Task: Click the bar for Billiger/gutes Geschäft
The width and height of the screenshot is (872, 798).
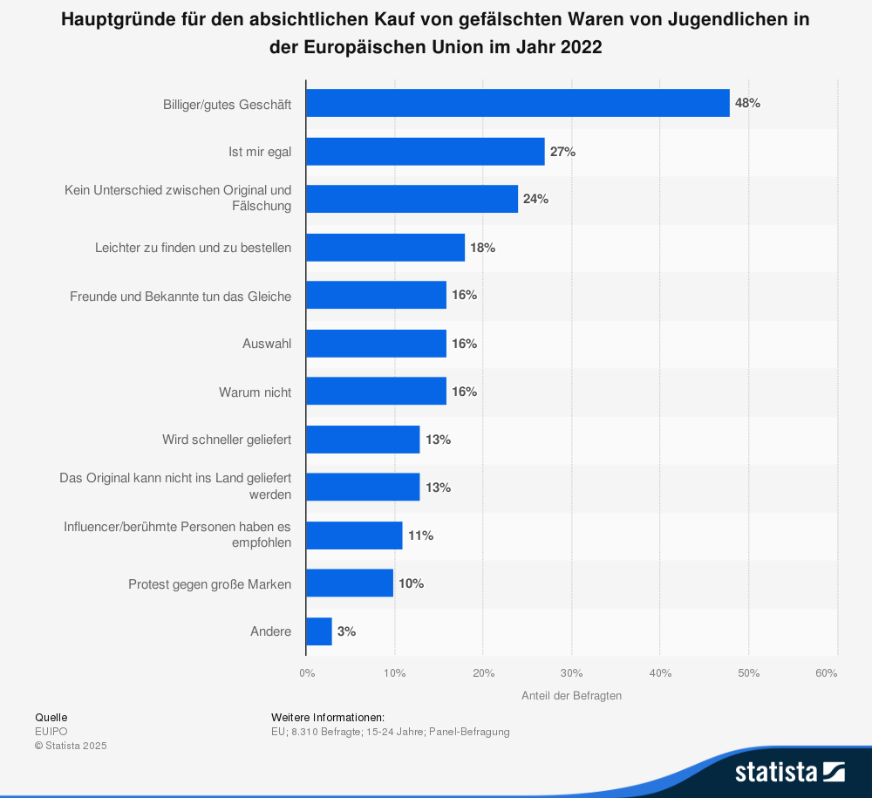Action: pos(518,103)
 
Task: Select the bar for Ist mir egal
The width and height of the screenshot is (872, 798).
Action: pos(426,152)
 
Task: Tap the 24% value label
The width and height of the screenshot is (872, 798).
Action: pos(535,199)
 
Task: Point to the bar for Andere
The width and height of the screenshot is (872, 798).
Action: pos(319,631)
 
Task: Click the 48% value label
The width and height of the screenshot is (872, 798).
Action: pos(747,103)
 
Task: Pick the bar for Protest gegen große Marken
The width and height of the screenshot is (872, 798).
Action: pos(350,583)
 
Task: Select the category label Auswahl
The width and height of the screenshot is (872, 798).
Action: pos(267,344)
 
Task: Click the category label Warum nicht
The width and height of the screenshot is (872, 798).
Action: pos(255,392)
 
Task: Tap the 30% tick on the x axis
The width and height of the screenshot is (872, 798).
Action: pos(571,672)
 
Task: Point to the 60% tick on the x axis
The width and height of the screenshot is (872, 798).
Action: pos(827,672)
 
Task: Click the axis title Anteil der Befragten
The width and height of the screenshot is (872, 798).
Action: pos(571,695)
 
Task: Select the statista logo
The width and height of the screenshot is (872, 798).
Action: pos(789,771)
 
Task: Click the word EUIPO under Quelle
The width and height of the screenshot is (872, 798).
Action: pos(51,732)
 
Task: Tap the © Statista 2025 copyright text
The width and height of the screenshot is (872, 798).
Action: pos(71,746)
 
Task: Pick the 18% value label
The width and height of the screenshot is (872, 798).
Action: pos(482,248)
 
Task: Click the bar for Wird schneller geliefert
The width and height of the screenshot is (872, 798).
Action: pos(363,440)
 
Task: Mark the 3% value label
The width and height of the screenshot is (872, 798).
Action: pos(346,631)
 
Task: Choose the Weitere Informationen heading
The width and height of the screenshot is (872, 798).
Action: pos(328,717)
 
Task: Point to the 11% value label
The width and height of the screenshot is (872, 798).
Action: pos(420,535)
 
